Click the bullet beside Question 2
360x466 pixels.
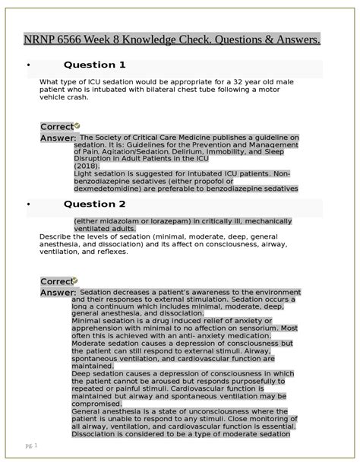[28, 204]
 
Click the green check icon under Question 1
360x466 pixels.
[77, 125]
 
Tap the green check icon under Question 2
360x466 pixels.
[77, 281]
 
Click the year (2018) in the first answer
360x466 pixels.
[86, 166]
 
